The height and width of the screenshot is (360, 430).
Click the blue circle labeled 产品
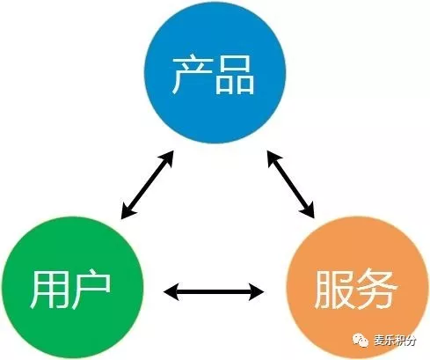point(215,73)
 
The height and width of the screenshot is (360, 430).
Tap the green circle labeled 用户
point(72,288)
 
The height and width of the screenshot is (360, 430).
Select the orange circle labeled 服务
point(357,288)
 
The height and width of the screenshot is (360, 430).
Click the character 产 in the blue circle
point(192,75)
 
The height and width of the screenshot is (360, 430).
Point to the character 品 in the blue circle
point(235,75)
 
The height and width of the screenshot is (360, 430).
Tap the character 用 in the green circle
point(48,290)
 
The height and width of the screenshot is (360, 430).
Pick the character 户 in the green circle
point(91,289)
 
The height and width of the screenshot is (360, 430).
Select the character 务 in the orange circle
point(376,289)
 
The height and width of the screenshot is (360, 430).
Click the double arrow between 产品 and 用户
point(147,185)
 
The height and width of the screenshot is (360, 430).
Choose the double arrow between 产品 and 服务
point(291,184)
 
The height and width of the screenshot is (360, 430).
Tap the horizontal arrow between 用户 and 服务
point(214,292)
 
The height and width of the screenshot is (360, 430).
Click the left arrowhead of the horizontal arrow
point(171,292)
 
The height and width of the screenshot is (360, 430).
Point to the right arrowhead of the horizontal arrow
point(257,292)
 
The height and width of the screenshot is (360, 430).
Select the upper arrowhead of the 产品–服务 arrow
point(273,158)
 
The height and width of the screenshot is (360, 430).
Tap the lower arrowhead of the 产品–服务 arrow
point(309,210)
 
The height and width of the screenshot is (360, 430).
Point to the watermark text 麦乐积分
point(395,341)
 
